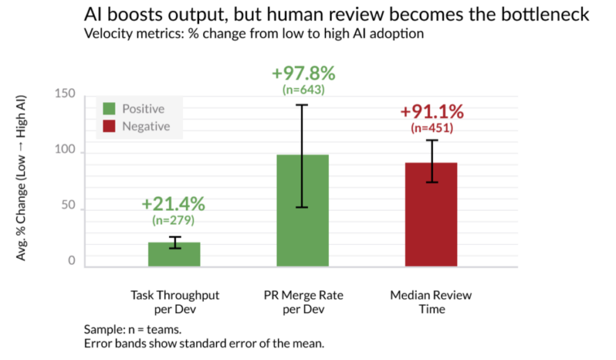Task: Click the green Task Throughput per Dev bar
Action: coord(174,255)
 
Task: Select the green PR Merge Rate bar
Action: coord(303,211)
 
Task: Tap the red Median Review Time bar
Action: coord(431,214)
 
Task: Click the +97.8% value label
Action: coord(303,74)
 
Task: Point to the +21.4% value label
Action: coord(174,205)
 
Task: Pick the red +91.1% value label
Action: coord(432,112)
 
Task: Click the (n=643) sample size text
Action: coord(303,90)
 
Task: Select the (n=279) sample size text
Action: coord(174,220)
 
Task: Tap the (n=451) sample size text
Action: coord(432,128)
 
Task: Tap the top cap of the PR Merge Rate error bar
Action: coord(303,105)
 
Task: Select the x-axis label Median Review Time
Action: coord(431,302)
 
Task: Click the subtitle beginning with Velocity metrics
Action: coord(254,34)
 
